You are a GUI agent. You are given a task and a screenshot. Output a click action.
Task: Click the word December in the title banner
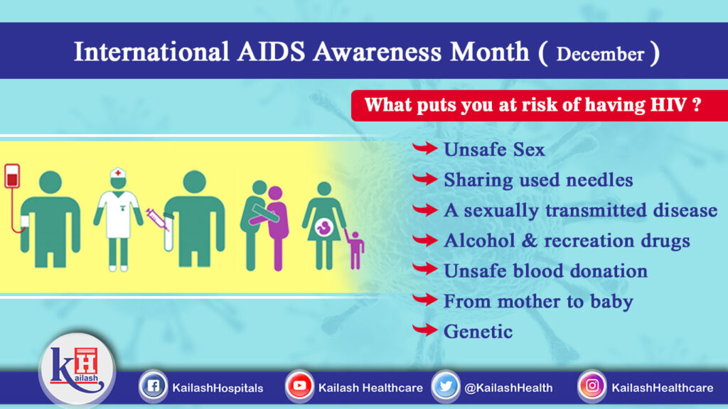coord(600,54)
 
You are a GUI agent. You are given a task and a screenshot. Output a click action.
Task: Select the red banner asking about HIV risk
coord(533,105)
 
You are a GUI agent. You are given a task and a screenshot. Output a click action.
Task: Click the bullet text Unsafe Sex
coord(494,150)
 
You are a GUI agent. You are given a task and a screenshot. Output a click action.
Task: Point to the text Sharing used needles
coord(538,180)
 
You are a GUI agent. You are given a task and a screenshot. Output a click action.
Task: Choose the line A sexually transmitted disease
coord(580,210)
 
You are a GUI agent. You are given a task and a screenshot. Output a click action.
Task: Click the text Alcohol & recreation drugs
coord(567,241)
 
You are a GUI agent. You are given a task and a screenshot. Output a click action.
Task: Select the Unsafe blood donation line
coord(545,271)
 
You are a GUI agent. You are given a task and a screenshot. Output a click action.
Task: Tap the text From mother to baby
coord(538,301)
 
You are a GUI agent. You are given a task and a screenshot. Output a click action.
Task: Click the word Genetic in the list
coord(478,331)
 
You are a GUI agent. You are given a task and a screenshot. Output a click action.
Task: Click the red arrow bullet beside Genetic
coord(424,330)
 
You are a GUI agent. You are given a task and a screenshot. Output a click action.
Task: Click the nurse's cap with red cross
coord(118,175)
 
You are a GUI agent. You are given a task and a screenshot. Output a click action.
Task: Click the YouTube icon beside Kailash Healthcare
coord(299,387)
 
